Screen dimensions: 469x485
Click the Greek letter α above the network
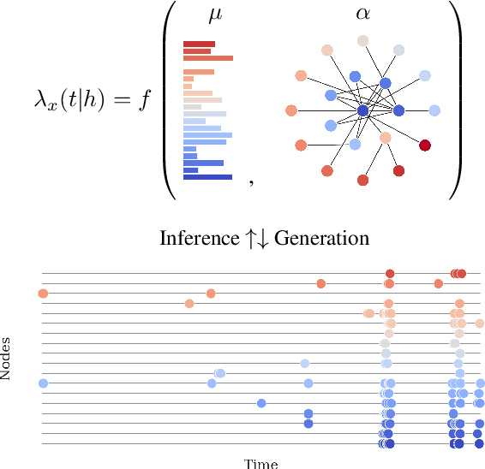click(x=362, y=15)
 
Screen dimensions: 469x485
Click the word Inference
click(x=195, y=238)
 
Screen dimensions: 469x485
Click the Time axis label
click(x=261, y=463)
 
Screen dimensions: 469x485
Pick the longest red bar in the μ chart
click(x=208, y=58)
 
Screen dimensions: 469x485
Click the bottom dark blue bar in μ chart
click(x=207, y=177)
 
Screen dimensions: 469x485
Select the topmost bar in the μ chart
click(x=199, y=44)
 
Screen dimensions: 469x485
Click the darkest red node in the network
click(x=425, y=145)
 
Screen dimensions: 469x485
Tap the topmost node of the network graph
click(x=362, y=40)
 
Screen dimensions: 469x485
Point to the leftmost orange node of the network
click(x=291, y=110)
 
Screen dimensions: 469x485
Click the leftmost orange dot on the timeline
click(x=43, y=294)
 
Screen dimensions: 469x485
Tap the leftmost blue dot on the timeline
click(x=43, y=383)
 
